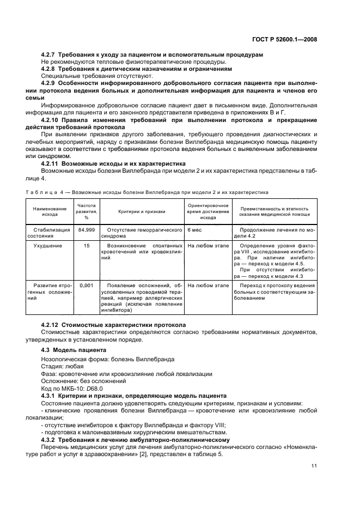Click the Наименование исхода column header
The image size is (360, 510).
[50, 211]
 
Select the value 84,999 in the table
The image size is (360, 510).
[87, 230]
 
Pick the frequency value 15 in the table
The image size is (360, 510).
[87, 246]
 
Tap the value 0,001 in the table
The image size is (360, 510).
[87, 285]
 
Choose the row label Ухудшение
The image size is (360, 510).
[50, 246]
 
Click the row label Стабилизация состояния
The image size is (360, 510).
[50, 233]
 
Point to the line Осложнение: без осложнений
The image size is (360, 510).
[81, 381]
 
